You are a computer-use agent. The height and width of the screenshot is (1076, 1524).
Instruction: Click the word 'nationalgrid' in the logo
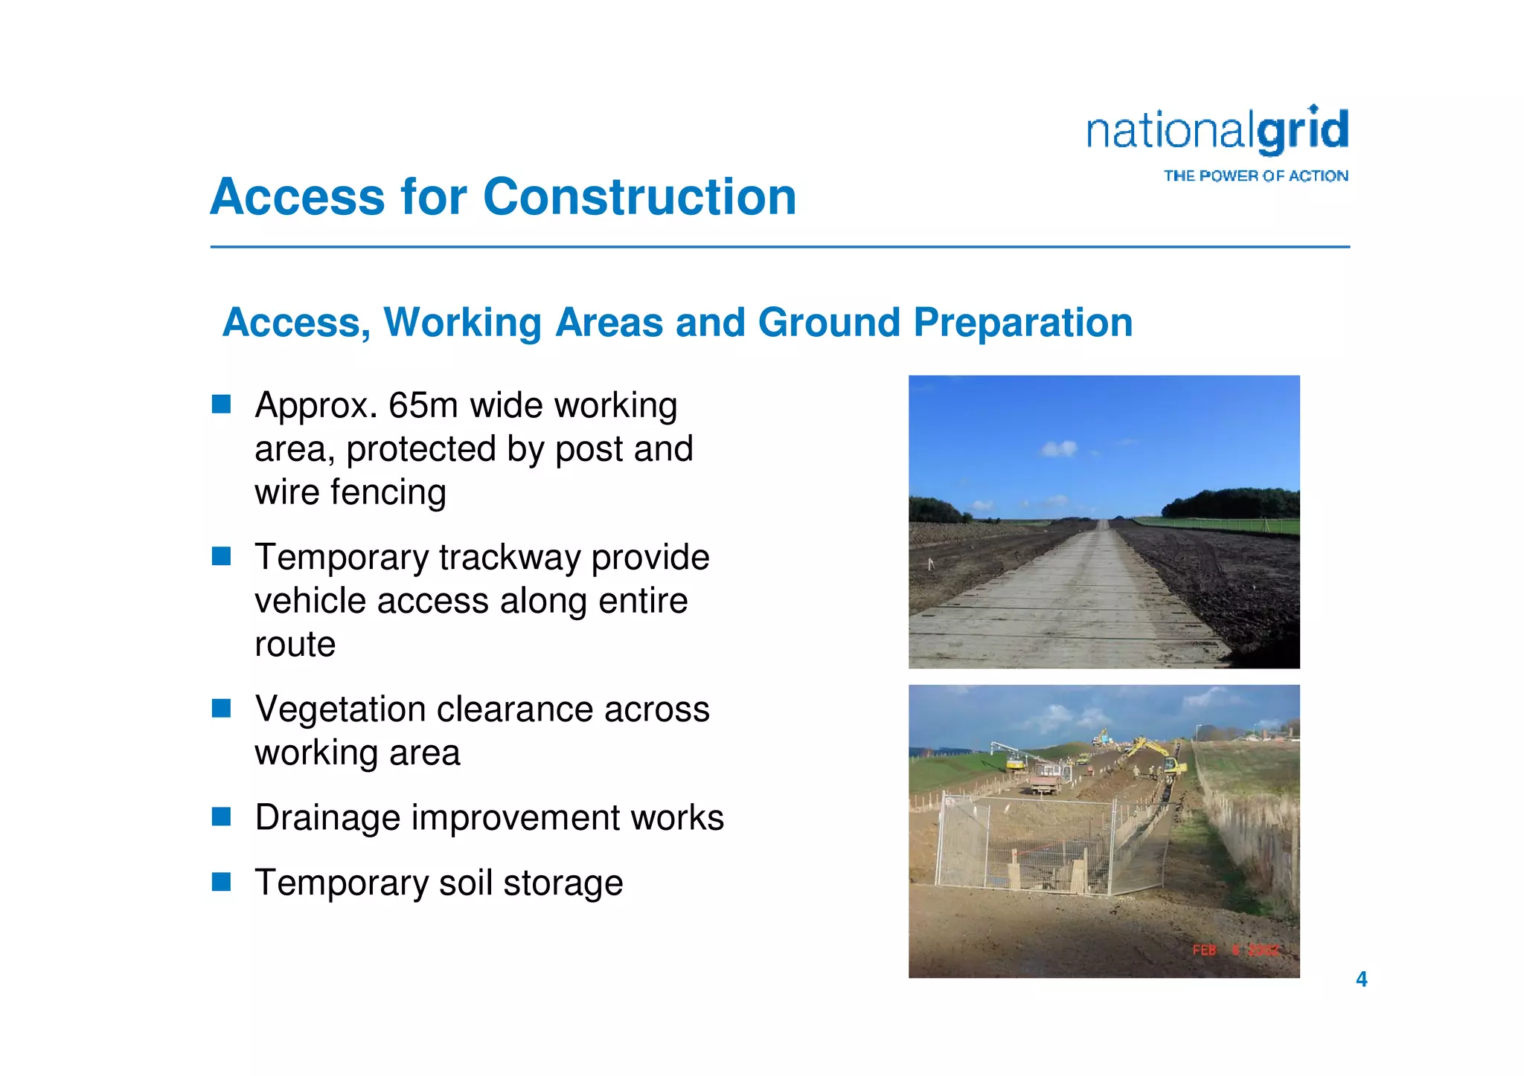click(1217, 132)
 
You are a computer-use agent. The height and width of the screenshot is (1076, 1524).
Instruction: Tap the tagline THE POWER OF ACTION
click(1255, 176)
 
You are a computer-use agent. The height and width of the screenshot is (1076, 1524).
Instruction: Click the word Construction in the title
click(639, 197)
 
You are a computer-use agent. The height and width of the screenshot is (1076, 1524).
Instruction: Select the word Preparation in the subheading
click(1022, 323)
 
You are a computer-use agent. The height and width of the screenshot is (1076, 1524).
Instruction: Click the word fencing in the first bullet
click(388, 492)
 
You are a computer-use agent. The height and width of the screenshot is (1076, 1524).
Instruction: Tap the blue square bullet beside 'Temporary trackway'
click(221, 556)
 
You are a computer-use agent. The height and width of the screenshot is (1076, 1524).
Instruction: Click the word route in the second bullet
click(295, 644)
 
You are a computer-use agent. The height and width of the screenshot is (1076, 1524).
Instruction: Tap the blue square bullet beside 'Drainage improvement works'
click(221, 817)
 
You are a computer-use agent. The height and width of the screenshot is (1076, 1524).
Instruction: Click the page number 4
click(1361, 979)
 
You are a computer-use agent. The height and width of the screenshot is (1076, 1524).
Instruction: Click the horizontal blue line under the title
click(779, 247)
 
